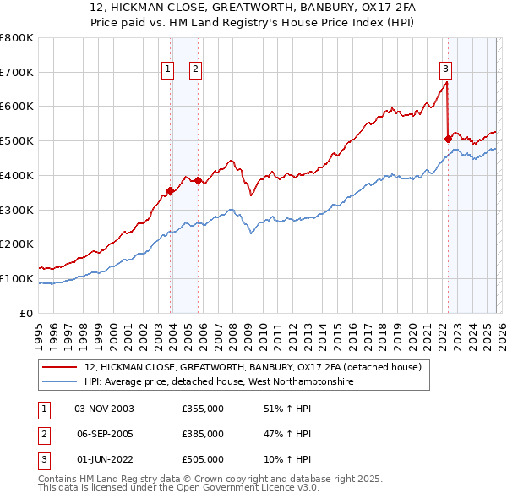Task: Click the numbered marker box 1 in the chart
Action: (x=167, y=69)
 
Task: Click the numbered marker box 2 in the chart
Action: (x=195, y=69)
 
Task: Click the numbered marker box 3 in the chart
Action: (x=445, y=69)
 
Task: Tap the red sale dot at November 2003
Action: (x=170, y=190)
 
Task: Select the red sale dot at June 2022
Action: (x=447, y=139)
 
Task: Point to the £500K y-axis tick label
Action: (x=16, y=141)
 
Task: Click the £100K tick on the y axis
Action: (x=16, y=278)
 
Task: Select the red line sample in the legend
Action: (x=60, y=367)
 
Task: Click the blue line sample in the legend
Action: (x=60, y=382)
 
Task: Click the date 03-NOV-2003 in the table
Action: (x=104, y=409)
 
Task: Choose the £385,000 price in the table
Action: (x=203, y=434)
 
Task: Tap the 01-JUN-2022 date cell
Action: (x=104, y=459)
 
